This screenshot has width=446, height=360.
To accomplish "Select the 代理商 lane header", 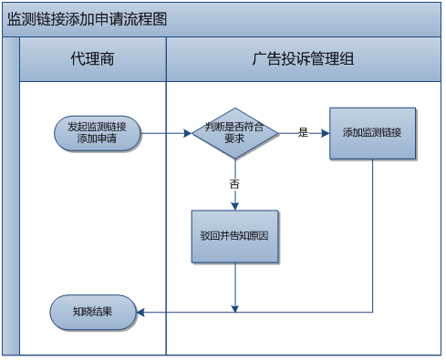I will click(x=92, y=60).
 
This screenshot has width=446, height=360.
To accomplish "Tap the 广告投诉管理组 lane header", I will click(x=303, y=60).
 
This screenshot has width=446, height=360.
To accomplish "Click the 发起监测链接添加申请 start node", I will click(x=97, y=133).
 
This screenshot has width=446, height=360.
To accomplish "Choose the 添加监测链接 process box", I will click(x=372, y=133).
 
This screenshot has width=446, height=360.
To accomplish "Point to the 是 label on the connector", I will click(x=303, y=133).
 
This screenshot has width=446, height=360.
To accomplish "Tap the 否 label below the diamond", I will click(x=234, y=184).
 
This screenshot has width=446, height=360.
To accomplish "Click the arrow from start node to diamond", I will click(x=166, y=133).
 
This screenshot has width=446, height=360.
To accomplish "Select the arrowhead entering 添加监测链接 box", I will click(x=325, y=133).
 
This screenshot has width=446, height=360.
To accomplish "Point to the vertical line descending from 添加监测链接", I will click(x=372, y=237).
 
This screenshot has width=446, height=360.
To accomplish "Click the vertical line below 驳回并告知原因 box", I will click(x=234, y=287).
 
